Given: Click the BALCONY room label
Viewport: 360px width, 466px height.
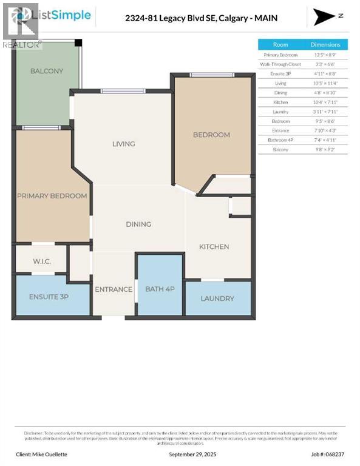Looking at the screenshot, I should click(47, 71).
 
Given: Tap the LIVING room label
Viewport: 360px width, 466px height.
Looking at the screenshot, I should click(123, 144).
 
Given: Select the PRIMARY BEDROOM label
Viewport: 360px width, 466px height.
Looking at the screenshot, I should click(52, 196).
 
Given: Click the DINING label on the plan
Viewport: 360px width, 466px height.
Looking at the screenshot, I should click(138, 225).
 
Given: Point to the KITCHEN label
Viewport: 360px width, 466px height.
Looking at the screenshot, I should click(214, 246).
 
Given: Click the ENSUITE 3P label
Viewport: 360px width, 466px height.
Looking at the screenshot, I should click(41, 297).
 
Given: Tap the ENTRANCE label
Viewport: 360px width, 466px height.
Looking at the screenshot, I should click(114, 289).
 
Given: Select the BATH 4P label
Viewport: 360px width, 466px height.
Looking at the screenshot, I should click(160, 289).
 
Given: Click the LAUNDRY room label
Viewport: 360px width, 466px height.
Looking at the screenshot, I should click(217, 299).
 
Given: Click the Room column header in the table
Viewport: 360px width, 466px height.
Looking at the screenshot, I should click(280, 44).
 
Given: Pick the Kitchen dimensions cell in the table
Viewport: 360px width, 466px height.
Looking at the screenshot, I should click(325, 102).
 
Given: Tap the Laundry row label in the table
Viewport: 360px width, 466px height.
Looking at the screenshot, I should click(280, 112).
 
